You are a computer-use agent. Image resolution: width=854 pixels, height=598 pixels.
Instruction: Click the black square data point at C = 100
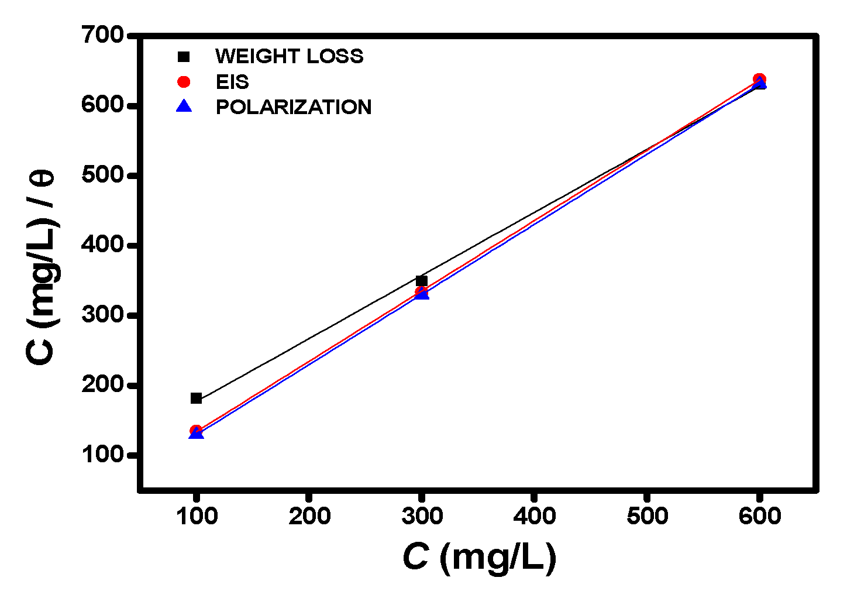(x=196, y=398)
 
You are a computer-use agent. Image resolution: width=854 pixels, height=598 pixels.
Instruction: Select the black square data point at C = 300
(x=421, y=281)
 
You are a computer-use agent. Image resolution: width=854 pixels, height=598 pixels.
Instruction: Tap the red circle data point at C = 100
(x=196, y=431)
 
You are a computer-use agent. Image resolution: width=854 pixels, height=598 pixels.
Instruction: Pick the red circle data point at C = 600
(x=759, y=79)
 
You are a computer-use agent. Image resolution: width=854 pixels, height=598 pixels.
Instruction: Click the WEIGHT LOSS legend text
(x=289, y=56)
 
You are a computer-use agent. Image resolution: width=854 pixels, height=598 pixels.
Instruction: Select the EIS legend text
(x=232, y=82)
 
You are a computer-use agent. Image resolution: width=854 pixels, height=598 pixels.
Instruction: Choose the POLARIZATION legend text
(x=293, y=107)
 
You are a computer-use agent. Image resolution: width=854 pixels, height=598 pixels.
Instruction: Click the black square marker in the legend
(x=184, y=57)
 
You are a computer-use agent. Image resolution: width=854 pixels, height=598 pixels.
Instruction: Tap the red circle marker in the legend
(x=184, y=82)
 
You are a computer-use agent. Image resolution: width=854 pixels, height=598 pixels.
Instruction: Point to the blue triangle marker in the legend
(x=184, y=106)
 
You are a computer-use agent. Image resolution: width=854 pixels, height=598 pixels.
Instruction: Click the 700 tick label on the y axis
(x=103, y=35)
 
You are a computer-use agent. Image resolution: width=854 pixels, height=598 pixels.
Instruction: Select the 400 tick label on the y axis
(x=103, y=245)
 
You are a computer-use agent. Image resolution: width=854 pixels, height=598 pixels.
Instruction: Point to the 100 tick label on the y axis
(x=103, y=455)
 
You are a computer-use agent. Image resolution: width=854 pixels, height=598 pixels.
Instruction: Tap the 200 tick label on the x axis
(x=309, y=516)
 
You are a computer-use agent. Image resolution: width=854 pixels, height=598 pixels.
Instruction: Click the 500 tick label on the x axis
(x=647, y=516)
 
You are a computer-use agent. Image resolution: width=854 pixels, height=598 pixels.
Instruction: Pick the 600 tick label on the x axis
(x=759, y=516)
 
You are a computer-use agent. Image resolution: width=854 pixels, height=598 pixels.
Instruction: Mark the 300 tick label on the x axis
(x=421, y=516)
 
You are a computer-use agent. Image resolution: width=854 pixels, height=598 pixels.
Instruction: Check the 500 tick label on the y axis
(x=103, y=175)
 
